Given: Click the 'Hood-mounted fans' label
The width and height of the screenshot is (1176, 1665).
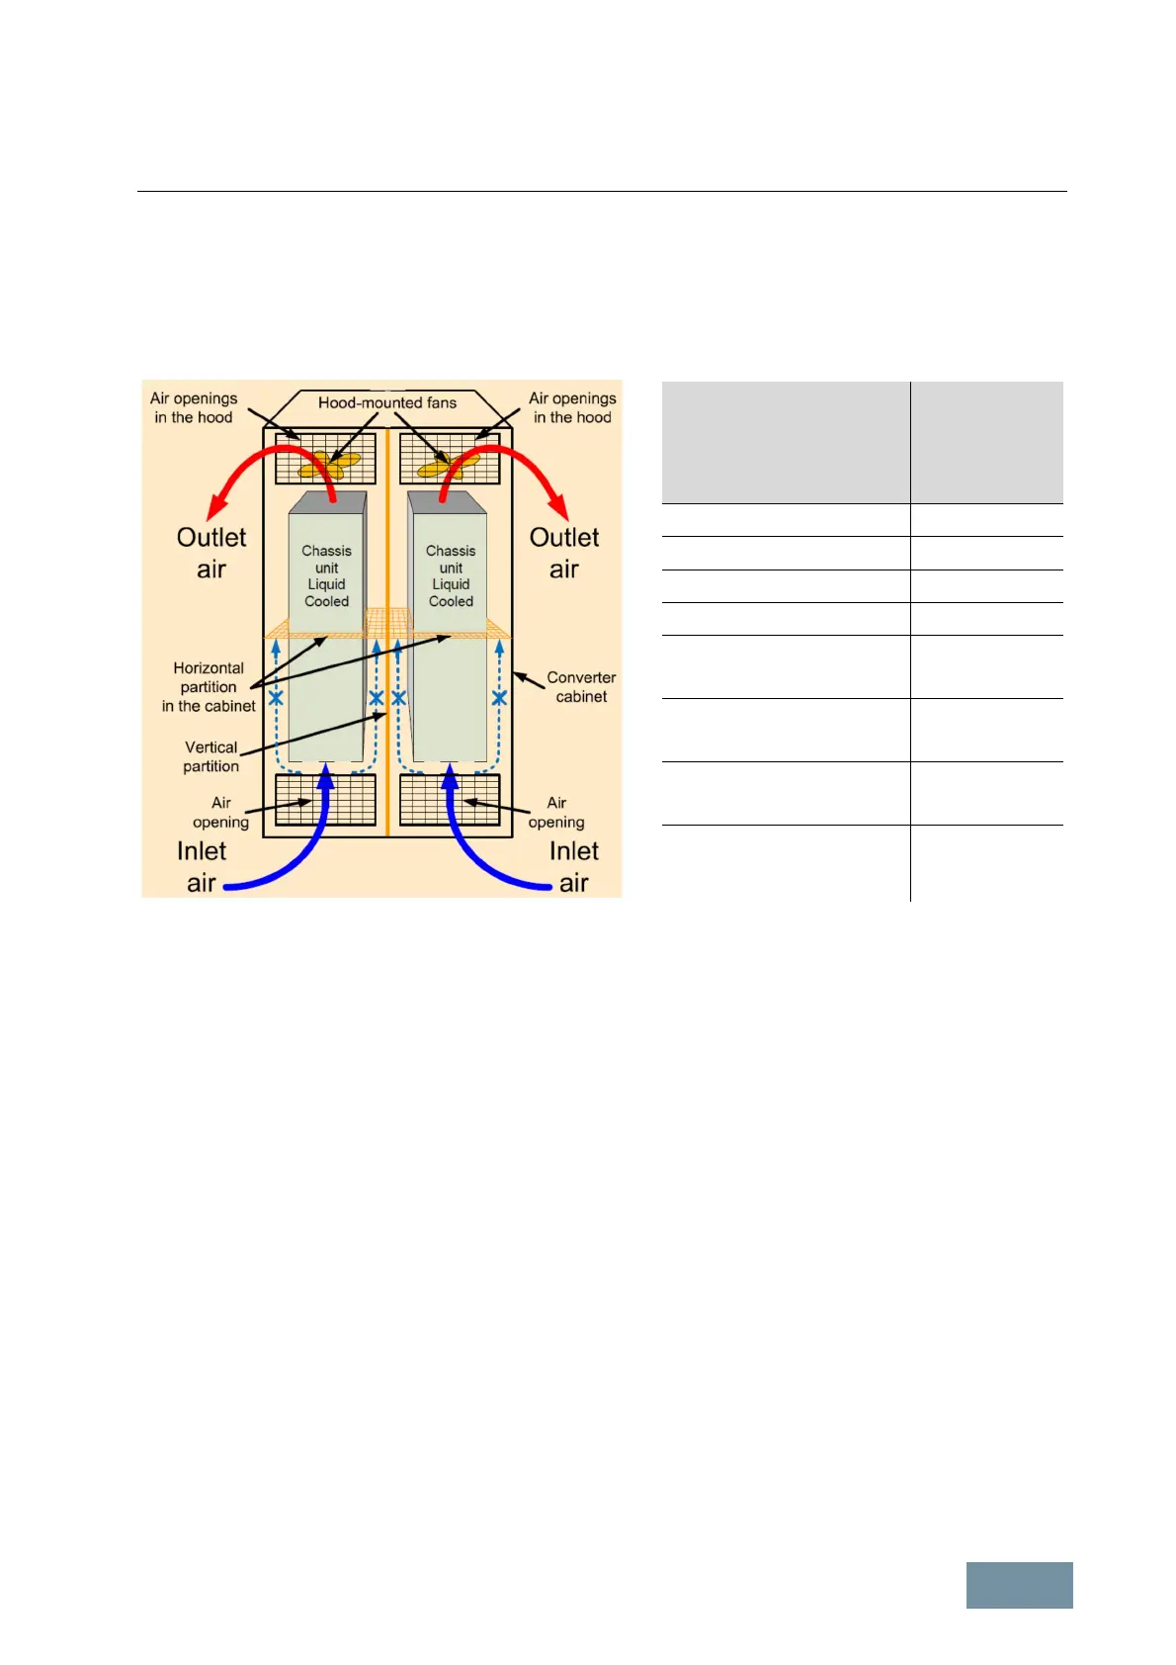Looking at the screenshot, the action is (x=387, y=402).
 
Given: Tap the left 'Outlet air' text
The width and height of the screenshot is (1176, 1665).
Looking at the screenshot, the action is (x=211, y=553).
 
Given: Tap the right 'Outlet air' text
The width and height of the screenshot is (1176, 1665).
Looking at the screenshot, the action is (x=564, y=553).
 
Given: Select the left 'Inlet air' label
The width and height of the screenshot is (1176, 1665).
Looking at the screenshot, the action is (x=202, y=866).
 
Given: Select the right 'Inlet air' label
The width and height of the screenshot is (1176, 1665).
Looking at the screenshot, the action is (x=574, y=866).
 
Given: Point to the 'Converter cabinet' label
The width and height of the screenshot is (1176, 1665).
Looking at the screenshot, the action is (x=581, y=687).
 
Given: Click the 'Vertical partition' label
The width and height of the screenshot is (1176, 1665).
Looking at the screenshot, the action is (x=210, y=756).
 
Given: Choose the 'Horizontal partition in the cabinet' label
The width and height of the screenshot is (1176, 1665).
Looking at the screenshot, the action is (x=209, y=687).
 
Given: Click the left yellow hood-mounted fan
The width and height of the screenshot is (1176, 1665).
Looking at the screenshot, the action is (x=330, y=465).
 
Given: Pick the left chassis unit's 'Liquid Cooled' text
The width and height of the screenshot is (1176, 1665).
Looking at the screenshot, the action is (x=326, y=592).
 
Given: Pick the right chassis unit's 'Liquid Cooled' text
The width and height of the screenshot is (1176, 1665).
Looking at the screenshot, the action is (x=451, y=592).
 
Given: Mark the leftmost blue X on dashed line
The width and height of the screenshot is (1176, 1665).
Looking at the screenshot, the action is (x=276, y=698).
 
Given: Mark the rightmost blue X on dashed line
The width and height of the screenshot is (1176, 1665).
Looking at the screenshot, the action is (x=499, y=698).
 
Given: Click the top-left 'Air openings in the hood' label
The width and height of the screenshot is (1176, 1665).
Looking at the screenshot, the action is (x=194, y=407).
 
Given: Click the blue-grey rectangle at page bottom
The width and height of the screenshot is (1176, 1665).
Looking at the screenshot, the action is (x=1019, y=1585).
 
